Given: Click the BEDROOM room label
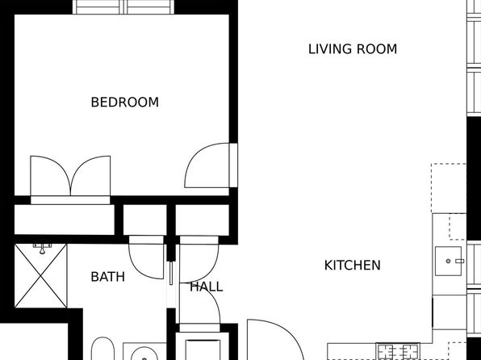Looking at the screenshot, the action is point(125,103).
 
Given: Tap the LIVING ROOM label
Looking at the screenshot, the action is point(353,49).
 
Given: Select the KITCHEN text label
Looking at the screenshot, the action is point(353,266).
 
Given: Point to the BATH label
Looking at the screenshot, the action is point(107,277).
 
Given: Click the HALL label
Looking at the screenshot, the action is point(206,287).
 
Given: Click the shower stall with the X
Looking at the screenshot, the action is point(41,275).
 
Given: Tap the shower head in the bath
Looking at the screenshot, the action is point(42,249).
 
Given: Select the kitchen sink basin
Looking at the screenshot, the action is point(448,261).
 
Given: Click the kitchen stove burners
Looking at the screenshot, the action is point(398,351).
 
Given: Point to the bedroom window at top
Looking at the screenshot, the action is point(123,7).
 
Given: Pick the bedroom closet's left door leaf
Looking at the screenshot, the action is point(51,175).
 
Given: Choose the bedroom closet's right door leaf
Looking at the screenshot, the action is point(90,175).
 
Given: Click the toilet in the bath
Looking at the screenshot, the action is point(102,349).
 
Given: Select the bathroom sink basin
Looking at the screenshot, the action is point(144,354).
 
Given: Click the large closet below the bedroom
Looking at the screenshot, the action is point(65,220).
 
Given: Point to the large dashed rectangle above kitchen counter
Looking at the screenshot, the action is point(449,188).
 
